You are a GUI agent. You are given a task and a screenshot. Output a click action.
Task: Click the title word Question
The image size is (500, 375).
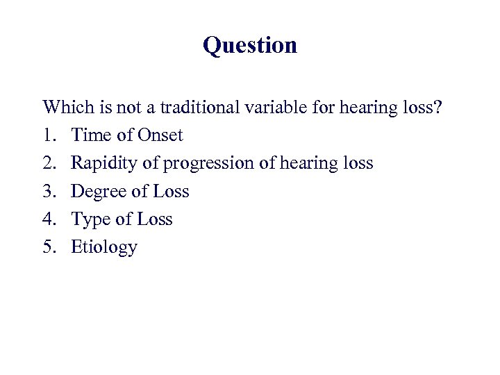pyautogui.click(x=250, y=46)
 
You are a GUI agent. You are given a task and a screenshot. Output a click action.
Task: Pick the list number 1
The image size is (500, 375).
pyautogui.click(x=48, y=135)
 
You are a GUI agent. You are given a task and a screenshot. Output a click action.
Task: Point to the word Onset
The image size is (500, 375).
pyautogui.click(x=160, y=135)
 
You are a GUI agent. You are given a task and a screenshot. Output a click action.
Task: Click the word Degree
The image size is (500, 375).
pyautogui.click(x=97, y=192)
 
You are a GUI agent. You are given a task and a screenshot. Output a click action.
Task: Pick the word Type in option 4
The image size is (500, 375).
pyautogui.click(x=90, y=219)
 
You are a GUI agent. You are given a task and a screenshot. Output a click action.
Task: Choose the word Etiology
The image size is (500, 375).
pyautogui.click(x=104, y=247)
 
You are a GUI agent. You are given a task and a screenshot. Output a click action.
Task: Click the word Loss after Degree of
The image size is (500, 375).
pyautogui.click(x=171, y=191)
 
